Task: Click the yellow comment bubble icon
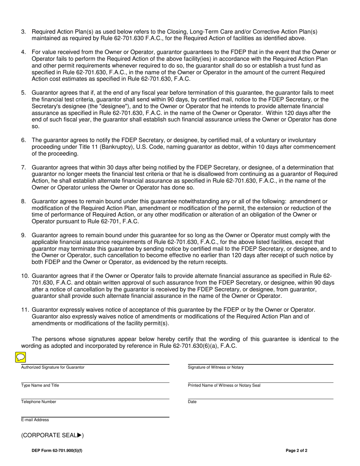coord(20,357)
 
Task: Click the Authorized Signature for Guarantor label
coord(53,367)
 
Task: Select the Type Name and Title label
coord(40,385)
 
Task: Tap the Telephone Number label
coord(39,402)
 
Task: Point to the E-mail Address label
coord(35,420)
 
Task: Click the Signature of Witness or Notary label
coord(216,367)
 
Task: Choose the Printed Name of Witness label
coord(224,385)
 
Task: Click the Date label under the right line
coord(192,402)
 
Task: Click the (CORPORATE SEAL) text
coord(52,435)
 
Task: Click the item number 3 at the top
coord(23,31)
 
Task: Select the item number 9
coord(23,235)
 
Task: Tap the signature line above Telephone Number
coord(95,399)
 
